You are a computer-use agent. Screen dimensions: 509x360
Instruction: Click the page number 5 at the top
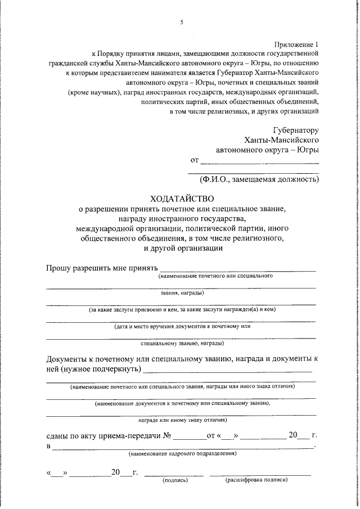(182, 22)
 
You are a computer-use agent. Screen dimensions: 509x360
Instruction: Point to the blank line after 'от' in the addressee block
(259, 163)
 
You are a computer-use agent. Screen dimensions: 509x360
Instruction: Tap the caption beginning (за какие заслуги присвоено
(182, 309)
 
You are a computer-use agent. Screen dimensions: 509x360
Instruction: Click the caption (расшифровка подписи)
(256, 481)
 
